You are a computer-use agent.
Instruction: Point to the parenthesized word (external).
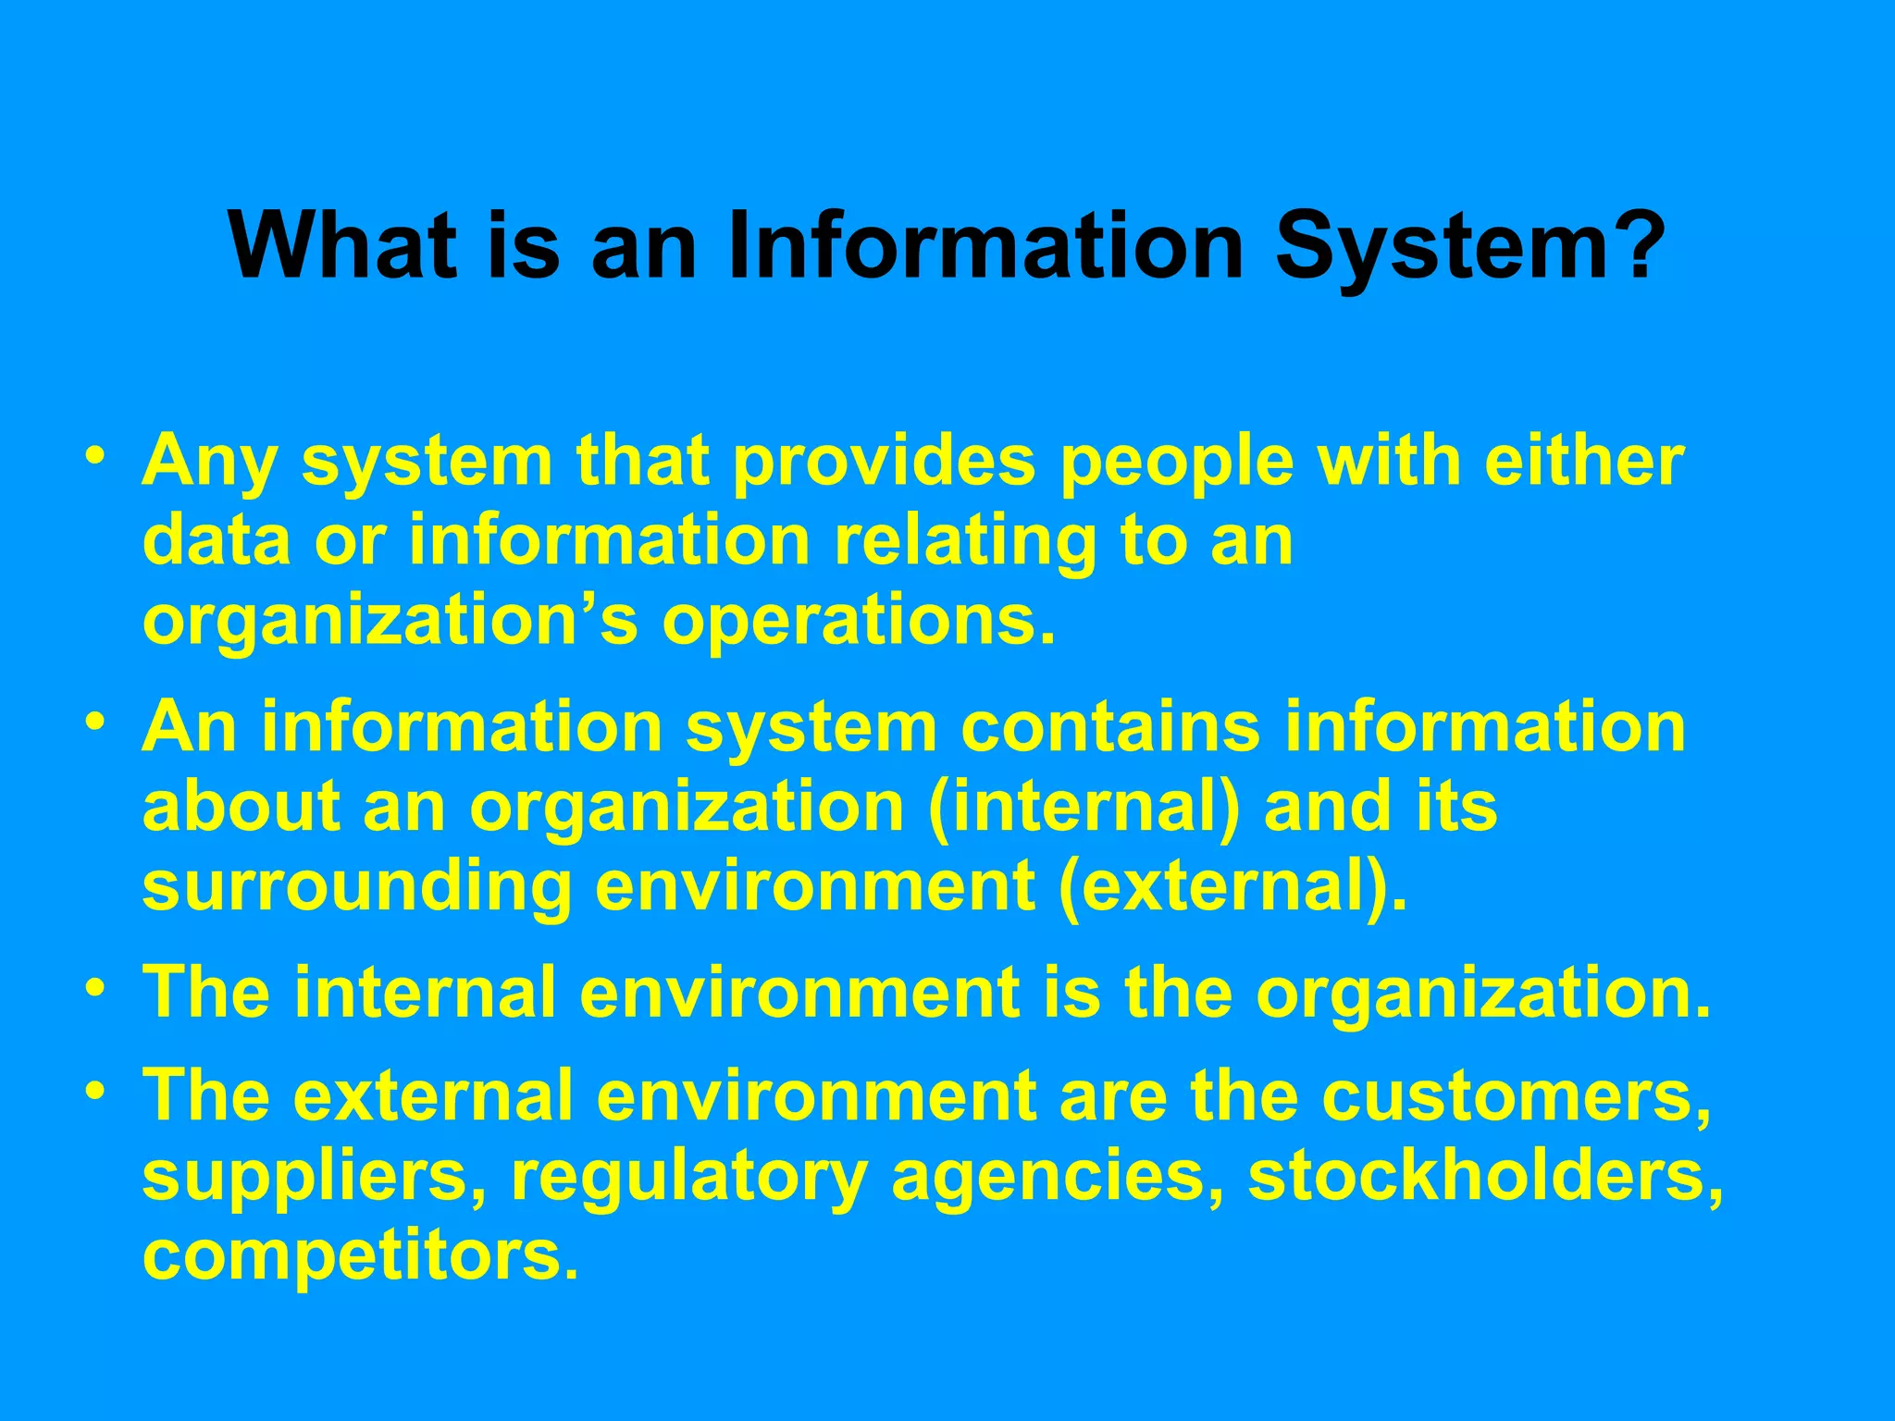tap(1232, 887)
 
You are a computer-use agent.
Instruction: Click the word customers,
tap(1517, 1097)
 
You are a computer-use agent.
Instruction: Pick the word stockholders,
tap(1485, 1176)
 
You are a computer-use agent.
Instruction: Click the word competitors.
tap(361, 1256)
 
